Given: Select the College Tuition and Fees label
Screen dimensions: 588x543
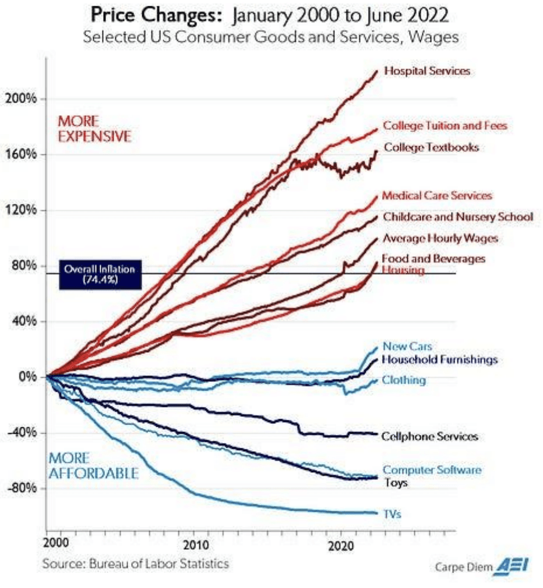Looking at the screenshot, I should pyautogui.click(x=445, y=125).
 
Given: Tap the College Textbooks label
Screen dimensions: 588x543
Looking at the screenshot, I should pyautogui.click(x=431, y=147).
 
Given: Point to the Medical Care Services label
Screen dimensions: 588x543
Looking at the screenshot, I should pyautogui.click(x=436, y=196).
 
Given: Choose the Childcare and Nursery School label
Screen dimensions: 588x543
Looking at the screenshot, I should pyautogui.click(x=457, y=217).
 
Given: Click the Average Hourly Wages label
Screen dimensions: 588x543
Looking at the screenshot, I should pyautogui.click(x=440, y=238).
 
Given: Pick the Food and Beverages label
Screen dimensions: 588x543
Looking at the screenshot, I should pyautogui.click(x=433, y=258).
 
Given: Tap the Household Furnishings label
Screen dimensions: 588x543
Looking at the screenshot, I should pyautogui.click(x=439, y=359).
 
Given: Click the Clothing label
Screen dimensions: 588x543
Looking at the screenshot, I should pyautogui.click(x=404, y=380).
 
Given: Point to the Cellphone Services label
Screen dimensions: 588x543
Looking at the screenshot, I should pyautogui.click(x=429, y=436).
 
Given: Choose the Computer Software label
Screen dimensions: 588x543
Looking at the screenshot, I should pyautogui.click(x=432, y=470).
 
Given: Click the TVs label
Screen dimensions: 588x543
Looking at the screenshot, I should pyautogui.click(x=392, y=514).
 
